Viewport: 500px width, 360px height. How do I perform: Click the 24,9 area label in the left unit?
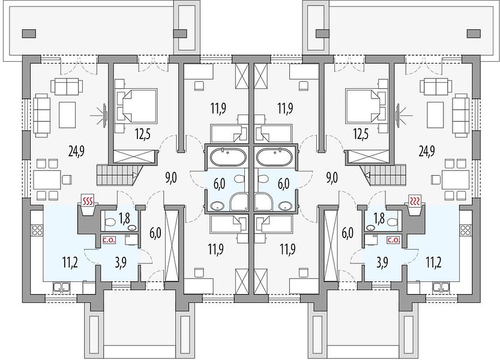coord(77,150)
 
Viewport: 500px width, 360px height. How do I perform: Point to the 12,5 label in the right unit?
coord(361,134)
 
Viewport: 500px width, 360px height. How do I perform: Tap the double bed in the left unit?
coord(136,106)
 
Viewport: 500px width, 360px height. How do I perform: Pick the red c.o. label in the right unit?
coord(393,240)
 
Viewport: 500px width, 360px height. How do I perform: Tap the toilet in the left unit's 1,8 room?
coord(109,221)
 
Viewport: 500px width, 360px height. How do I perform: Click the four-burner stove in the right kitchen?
coord(465,230)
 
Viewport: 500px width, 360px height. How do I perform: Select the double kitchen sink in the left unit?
coord(62,287)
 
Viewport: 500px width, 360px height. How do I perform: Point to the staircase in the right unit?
coord(384,175)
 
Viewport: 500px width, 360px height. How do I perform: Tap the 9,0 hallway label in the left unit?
coord(171,178)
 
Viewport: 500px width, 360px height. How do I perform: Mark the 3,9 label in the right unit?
coord(382,263)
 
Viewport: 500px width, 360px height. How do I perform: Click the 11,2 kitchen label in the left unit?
coord(71,263)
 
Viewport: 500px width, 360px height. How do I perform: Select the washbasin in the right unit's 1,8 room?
coord(370,227)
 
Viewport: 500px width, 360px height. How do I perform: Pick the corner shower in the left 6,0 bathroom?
coord(239,202)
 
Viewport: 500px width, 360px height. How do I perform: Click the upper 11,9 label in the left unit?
coord(218,108)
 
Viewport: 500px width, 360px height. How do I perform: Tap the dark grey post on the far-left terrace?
coord(29,33)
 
